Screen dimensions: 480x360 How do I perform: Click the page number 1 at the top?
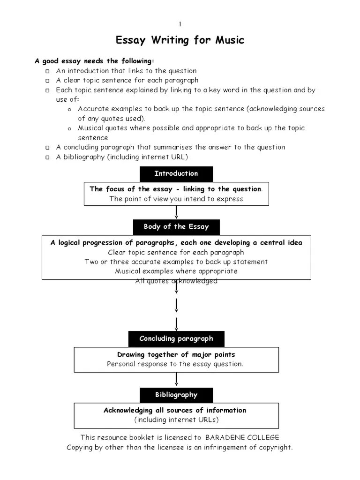coord(180,24)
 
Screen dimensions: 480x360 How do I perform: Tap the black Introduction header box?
coord(176,173)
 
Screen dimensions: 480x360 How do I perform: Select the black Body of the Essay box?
coord(176,227)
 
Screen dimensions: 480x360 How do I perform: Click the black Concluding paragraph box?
coord(176,338)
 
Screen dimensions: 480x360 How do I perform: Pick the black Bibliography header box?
coord(176,395)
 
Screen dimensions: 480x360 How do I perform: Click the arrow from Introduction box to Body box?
coord(176,212)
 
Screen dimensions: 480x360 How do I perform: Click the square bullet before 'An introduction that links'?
coord(48,71)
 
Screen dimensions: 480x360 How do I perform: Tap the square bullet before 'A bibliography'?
coord(48,157)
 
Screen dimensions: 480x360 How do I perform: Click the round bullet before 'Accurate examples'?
coord(69,110)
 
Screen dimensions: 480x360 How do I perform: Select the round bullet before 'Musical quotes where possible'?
coord(69,129)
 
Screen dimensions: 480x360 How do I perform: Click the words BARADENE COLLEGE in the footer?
coord(242,437)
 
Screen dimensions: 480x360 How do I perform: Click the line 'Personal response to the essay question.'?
coord(175,364)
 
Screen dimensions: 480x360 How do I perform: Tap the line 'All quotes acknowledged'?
coord(176,281)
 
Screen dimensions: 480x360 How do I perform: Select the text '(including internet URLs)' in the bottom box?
coord(176,420)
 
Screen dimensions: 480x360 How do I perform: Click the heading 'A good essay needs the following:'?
coord(94,61)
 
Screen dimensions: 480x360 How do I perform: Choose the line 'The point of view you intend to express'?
coord(176,199)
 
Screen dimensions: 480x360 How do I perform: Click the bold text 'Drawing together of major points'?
coord(176,355)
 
